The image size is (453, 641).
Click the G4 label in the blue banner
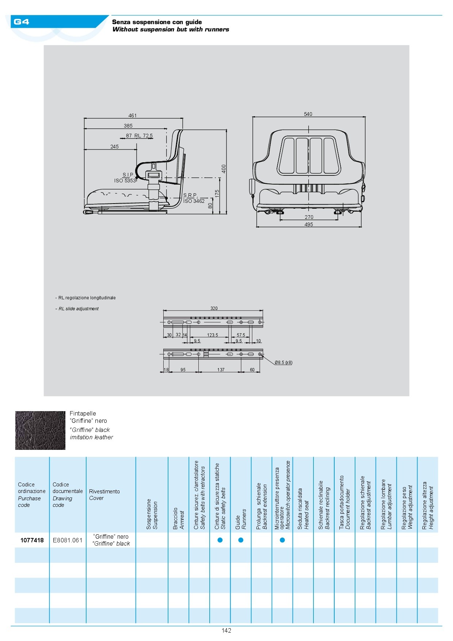[x=21, y=22]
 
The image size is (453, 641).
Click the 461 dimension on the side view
[x=132, y=115]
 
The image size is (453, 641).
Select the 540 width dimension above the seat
[x=308, y=114]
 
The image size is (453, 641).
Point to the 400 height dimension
[x=224, y=168]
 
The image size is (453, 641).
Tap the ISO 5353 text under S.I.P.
[x=125, y=181]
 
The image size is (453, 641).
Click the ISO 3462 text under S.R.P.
[x=194, y=201]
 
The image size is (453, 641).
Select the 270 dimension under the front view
[x=309, y=217]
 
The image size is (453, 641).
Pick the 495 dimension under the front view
[x=309, y=224]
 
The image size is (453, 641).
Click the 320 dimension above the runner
[x=214, y=308]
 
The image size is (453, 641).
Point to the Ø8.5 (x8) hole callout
[x=283, y=363]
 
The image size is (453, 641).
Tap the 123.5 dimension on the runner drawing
[x=212, y=335]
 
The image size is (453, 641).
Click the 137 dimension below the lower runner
[x=221, y=370]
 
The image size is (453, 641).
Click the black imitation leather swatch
[x=40, y=431]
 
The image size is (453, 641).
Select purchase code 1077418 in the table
[x=32, y=540]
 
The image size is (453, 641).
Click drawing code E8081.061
[x=68, y=540]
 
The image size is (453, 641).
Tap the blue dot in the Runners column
[x=241, y=540]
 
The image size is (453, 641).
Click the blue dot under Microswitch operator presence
[x=282, y=540]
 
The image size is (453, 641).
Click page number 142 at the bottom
[x=226, y=630]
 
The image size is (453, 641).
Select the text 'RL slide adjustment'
[x=79, y=309]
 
